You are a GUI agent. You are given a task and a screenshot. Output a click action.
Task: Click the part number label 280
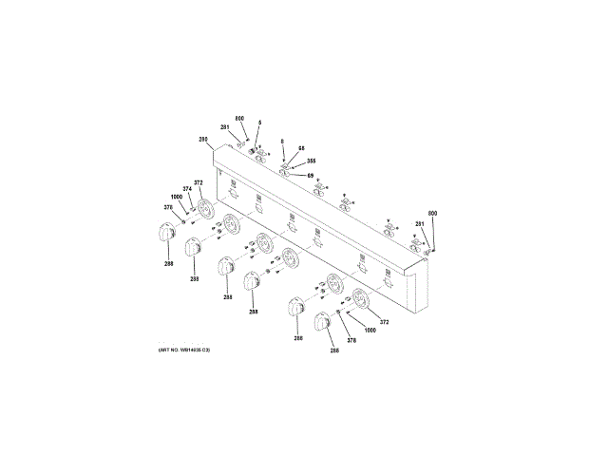tap(203, 140)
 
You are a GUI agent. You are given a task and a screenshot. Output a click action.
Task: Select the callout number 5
tap(259, 123)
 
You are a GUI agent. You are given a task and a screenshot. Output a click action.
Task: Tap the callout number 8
tap(282, 142)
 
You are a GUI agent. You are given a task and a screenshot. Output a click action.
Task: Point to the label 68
tap(301, 148)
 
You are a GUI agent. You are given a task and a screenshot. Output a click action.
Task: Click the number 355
tap(311, 161)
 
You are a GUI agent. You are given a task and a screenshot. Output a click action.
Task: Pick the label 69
tap(310, 175)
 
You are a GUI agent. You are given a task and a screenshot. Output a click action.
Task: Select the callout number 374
tap(188, 188)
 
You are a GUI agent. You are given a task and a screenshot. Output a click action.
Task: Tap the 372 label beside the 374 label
tap(199, 182)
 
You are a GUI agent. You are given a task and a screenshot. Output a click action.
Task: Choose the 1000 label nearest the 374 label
tap(177, 197)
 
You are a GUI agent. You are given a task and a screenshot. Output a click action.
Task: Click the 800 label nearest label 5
tap(239, 118)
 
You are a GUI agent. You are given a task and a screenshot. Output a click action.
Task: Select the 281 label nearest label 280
tap(225, 127)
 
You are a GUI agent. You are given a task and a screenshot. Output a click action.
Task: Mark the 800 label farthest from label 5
tap(432, 213)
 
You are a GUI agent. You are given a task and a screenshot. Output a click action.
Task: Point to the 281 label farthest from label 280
tap(419, 223)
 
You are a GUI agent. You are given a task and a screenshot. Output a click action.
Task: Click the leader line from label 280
tap(212, 144)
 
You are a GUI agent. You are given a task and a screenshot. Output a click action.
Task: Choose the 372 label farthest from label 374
tap(385, 322)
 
